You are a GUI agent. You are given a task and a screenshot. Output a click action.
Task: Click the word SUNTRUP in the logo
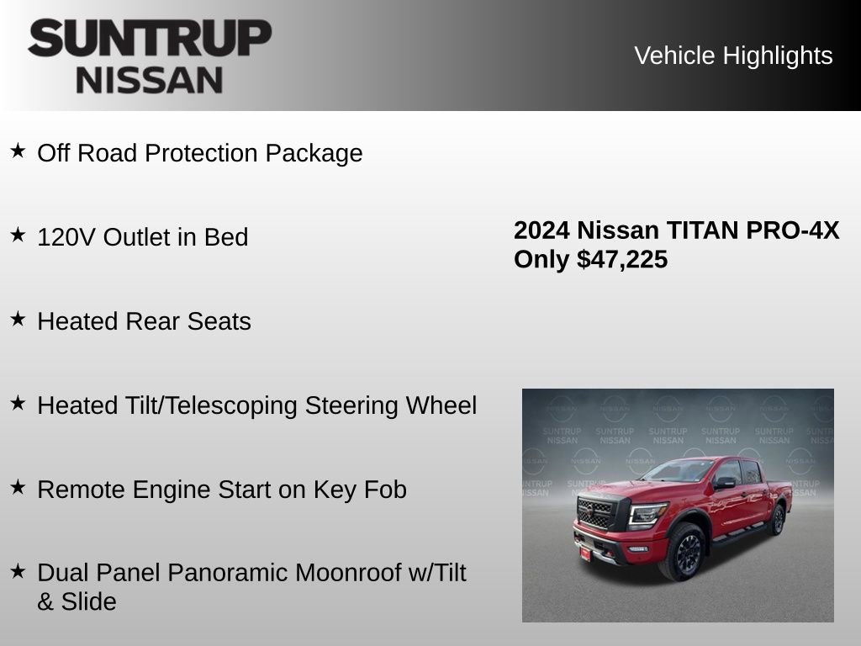(x=150, y=39)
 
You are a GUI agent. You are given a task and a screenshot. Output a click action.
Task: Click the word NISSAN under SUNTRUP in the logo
(x=150, y=80)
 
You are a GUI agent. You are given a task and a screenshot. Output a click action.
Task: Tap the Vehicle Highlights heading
(x=733, y=56)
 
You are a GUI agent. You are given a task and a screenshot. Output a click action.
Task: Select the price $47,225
(x=622, y=259)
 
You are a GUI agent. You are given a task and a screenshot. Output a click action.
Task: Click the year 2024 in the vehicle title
(x=542, y=230)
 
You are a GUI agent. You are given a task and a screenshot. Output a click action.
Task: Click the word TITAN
(x=700, y=230)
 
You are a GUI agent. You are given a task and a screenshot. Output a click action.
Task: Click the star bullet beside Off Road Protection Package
(x=18, y=151)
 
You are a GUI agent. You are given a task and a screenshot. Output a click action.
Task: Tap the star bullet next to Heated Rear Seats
(x=18, y=319)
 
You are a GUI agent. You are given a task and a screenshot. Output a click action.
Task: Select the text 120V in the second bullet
(x=66, y=237)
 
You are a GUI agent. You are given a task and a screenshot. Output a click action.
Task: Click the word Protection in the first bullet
(x=202, y=153)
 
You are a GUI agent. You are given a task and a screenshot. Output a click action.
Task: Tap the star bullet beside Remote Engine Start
(x=18, y=487)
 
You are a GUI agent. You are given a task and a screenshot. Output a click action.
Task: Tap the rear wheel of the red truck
(x=776, y=520)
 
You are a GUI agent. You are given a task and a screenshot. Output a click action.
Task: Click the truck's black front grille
(x=596, y=512)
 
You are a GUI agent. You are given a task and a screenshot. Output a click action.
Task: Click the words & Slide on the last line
(x=77, y=601)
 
